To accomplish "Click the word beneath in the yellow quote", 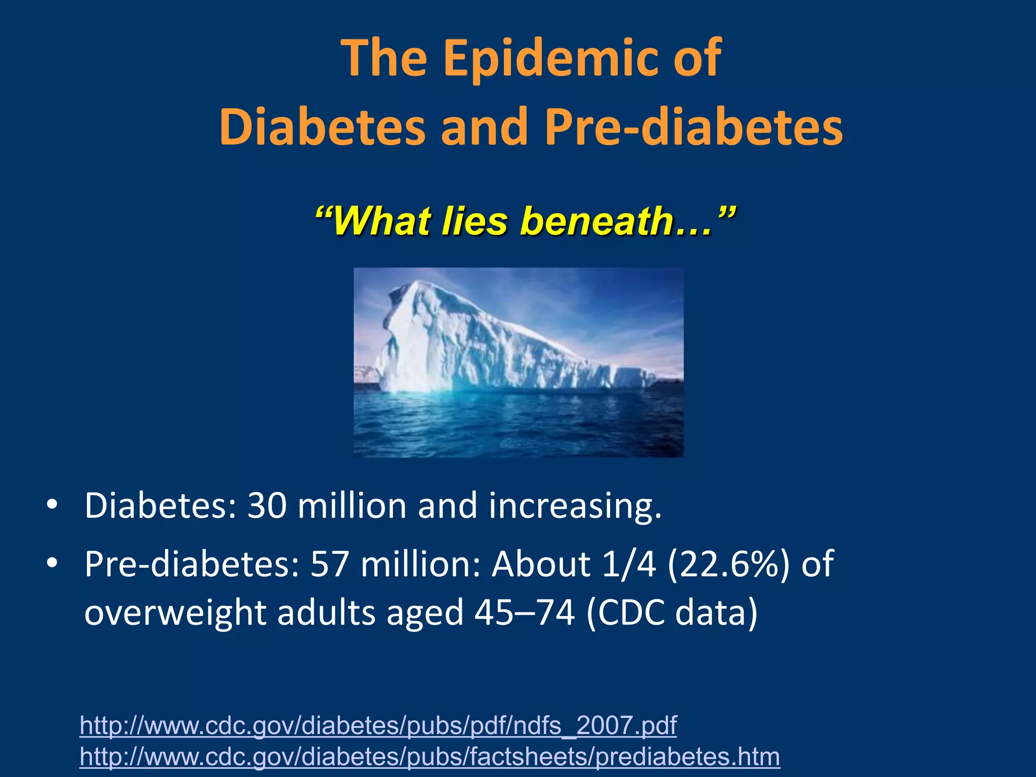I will coord(597,221).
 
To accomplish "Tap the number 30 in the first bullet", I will coord(267,506).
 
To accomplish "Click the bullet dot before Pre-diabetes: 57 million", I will coord(52,563).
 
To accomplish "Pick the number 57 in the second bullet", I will coord(330,564).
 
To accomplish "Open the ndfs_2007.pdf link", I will coord(378,725).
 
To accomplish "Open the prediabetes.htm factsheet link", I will coord(429,757).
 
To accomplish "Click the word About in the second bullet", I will coord(541,564).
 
